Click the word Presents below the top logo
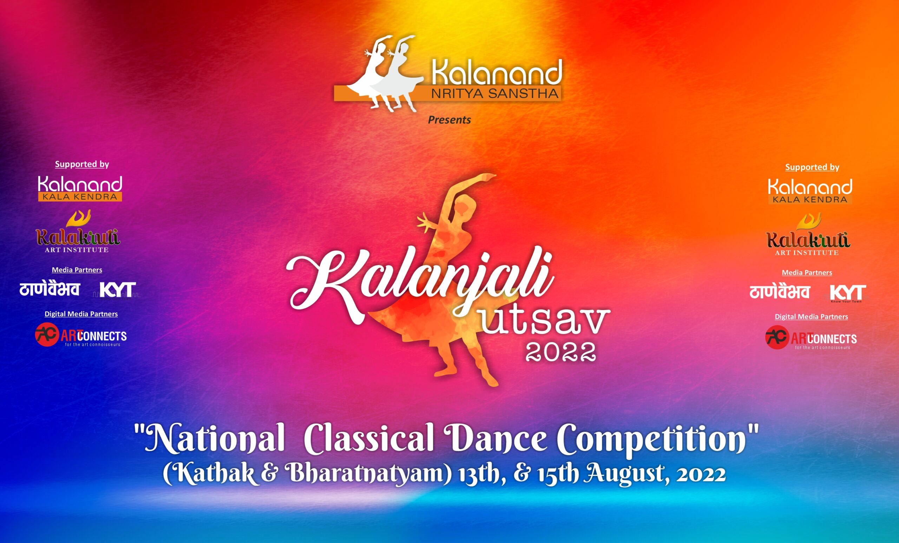(449, 120)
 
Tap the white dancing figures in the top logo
(383, 73)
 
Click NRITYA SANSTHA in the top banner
(494, 94)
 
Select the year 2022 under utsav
(560, 351)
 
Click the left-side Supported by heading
(82, 164)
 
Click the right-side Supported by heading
(812, 167)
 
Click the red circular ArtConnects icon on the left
(47, 334)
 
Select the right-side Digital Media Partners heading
(812, 317)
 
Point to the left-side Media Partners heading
(77, 270)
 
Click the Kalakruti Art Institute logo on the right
(808, 234)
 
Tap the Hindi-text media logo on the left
(50, 289)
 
